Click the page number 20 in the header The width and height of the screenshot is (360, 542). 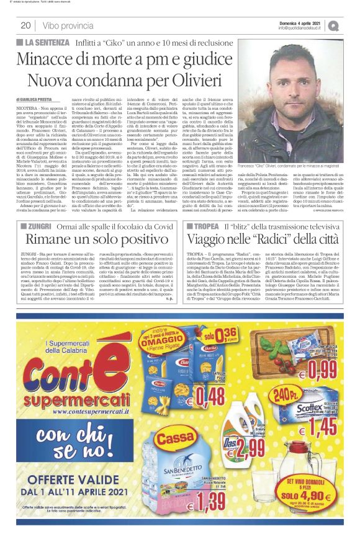pyautogui.click(x=25, y=25)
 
